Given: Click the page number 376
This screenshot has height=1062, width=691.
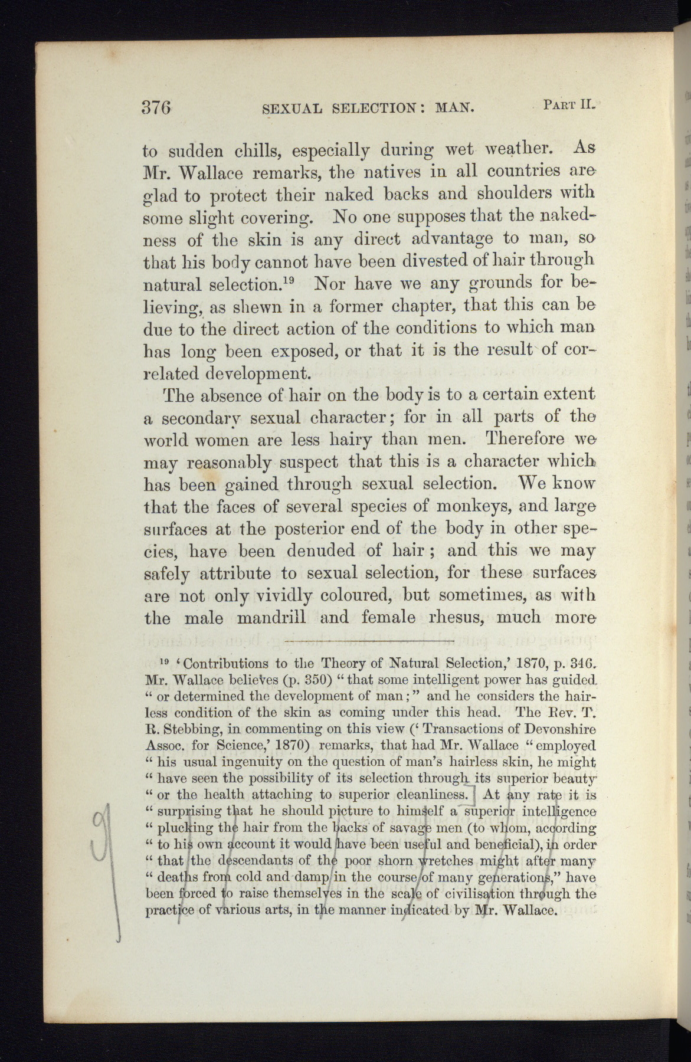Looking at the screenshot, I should (x=156, y=107).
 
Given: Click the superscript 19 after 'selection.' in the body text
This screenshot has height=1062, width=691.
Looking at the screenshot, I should (x=287, y=278).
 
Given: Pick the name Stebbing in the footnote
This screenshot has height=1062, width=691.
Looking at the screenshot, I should (x=182, y=728).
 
